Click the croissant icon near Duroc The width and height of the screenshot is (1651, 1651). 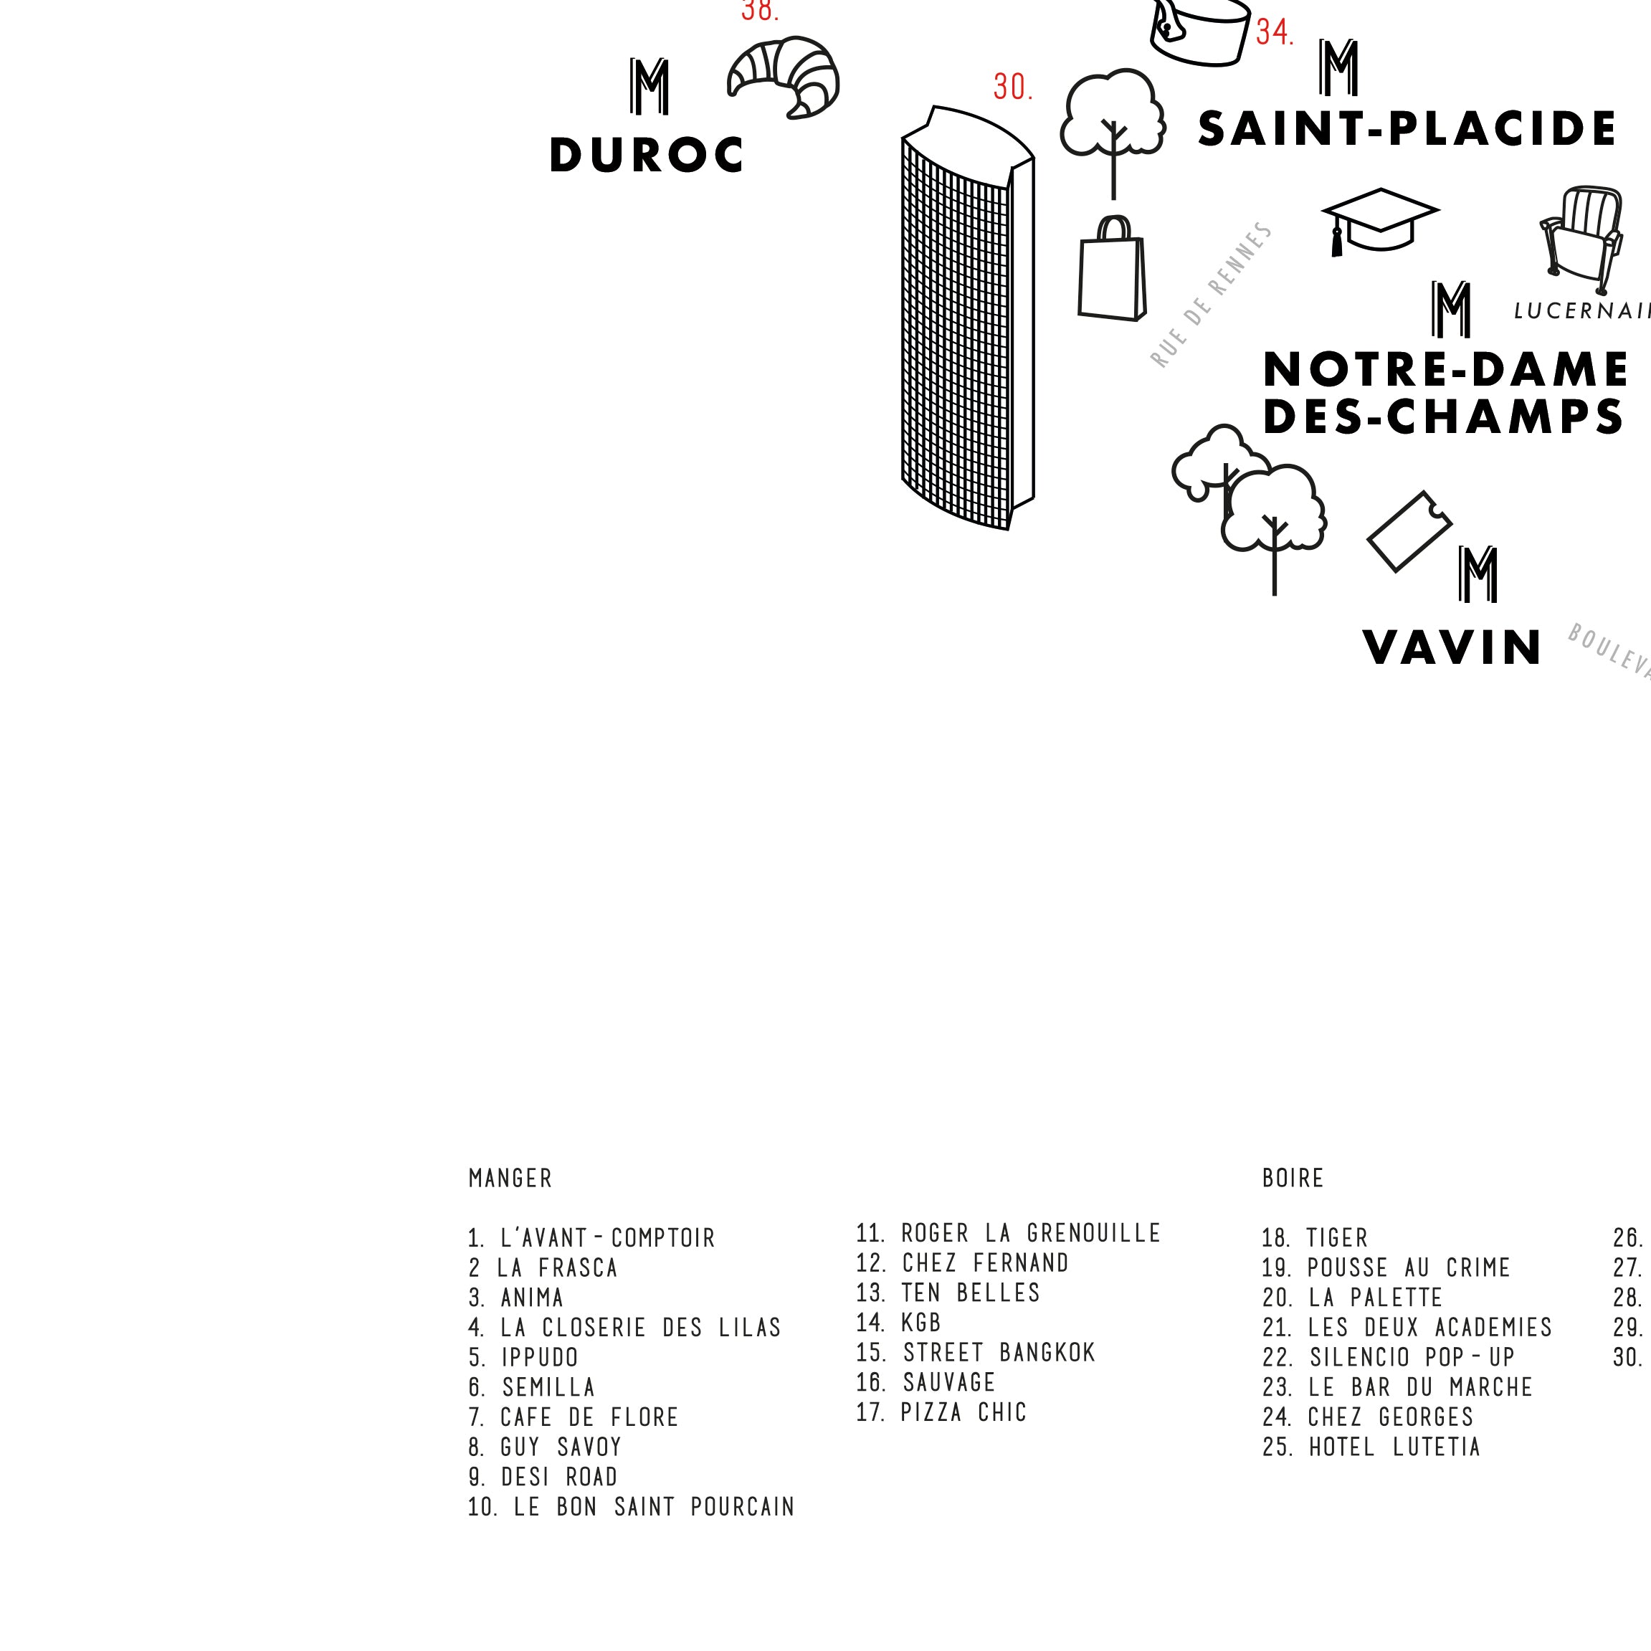pos(783,77)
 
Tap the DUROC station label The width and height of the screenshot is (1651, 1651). pos(646,156)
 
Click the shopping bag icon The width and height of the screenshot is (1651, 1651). pos(1112,271)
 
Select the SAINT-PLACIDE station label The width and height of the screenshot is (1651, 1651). pos(1407,130)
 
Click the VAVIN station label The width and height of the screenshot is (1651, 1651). pos(1452,648)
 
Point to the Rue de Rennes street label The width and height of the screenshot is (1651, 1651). pos(1211,295)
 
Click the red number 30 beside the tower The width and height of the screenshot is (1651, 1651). pos(1013,87)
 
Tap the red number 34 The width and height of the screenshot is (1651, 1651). pos(1274,32)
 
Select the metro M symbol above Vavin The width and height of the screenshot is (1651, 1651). pos(1478,574)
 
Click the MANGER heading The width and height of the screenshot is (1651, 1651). pos(510,1179)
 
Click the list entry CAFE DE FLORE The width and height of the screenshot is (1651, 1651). pos(574,1418)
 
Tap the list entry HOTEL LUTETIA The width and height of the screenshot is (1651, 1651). pos(1371,1447)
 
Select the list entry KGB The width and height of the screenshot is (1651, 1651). pos(899,1323)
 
